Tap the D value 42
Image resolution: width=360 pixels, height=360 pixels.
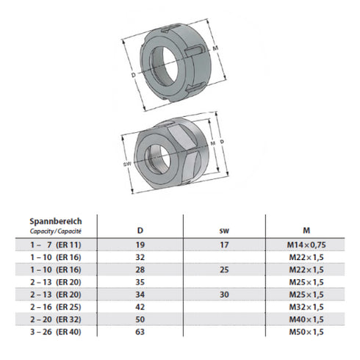click(x=140, y=306)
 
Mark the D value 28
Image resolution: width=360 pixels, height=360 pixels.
click(x=140, y=270)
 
